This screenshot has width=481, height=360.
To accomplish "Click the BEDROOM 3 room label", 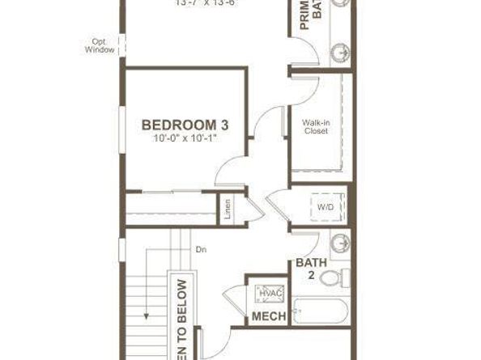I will [184, 125].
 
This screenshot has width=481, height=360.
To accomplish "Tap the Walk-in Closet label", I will [316, 127].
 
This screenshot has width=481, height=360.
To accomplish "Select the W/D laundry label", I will [326, 207].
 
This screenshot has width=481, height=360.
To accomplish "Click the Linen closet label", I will [228, 208].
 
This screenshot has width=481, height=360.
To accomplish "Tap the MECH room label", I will [270, 316].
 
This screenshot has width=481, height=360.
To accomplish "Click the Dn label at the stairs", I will [202, 250].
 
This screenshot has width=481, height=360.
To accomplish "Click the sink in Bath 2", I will [340, 243].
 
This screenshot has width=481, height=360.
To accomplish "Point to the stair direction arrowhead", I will [146, 317].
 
